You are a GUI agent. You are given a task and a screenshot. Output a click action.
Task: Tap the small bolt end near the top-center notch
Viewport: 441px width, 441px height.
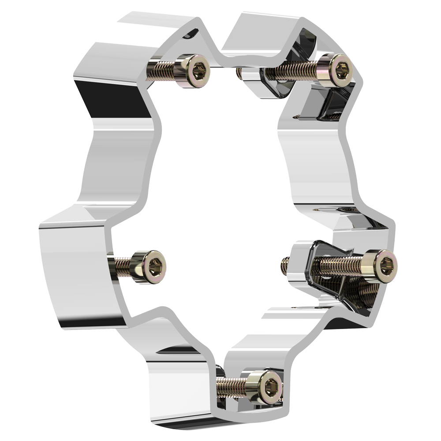click(239, 73)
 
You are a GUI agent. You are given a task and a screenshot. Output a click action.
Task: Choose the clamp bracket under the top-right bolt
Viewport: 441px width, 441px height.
click(276, 86)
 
